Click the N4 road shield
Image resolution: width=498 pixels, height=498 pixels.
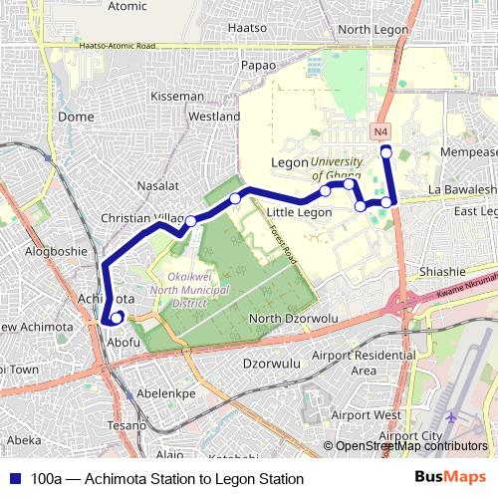[381, 131]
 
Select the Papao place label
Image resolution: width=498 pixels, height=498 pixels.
[259, 65]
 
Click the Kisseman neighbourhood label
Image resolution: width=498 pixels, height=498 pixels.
[176, 97]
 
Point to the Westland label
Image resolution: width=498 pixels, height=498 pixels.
[214, 117]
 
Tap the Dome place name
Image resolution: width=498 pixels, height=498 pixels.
[76, 117]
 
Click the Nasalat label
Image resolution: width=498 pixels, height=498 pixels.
[157, 185]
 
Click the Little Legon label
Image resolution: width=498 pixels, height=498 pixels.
[300, 212]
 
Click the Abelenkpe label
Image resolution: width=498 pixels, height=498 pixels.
[165, 393]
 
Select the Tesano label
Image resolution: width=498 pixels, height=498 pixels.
[128, 424]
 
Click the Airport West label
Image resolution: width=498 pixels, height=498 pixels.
[366, 414]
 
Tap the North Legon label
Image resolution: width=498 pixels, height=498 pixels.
[373, 30]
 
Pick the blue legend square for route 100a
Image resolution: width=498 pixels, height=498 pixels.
[15, 479]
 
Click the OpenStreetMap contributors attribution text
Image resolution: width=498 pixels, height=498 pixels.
[411, 446]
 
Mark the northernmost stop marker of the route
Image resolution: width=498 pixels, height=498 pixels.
[386, 150]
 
